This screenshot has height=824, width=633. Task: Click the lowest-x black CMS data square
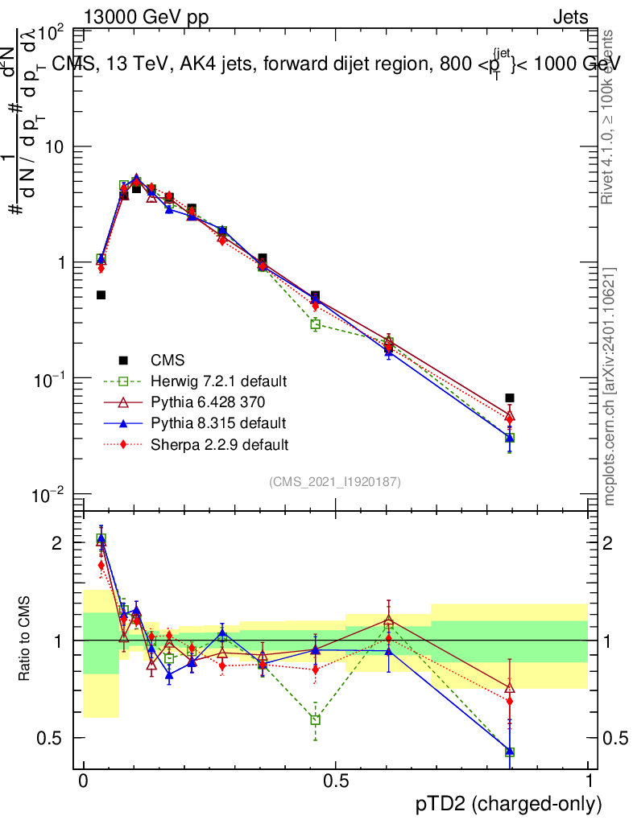101,295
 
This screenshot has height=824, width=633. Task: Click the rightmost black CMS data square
510,398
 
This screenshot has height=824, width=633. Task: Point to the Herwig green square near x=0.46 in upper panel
316,324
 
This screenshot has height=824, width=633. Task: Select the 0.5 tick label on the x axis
335,781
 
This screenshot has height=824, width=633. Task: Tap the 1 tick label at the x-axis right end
589,781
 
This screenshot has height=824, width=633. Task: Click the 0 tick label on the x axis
83,781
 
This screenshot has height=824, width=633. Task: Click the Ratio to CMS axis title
24,641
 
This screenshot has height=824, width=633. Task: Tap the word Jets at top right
569,17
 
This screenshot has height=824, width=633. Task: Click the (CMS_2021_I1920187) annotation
335,481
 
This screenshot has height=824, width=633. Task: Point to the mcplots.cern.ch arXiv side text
610,386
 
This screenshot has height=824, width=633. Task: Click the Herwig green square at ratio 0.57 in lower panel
316,719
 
